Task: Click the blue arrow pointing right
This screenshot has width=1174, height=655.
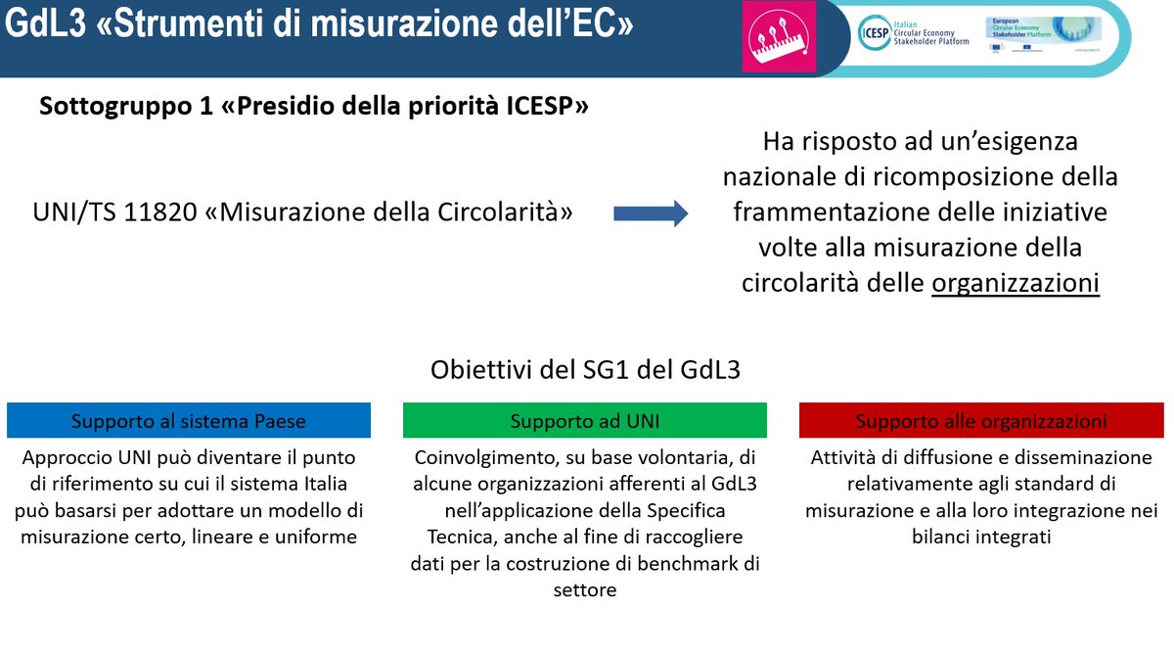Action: pos(651,212)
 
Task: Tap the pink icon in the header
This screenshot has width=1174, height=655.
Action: pos(770,37)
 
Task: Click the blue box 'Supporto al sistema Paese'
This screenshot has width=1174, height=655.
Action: pos(189,421)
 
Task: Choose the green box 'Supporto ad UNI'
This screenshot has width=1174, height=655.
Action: pos(585,421)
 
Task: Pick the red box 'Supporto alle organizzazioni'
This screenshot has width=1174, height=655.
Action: pos(981,421)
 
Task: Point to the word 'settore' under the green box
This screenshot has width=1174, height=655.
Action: pos(584,589)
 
